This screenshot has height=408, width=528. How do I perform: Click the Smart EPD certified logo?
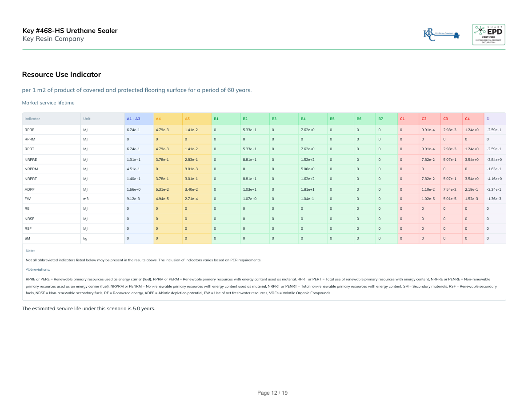(x=488, y=34)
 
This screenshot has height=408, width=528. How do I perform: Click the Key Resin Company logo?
(x=442, y=34)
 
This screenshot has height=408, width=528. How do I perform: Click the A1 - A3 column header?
(x=133, y=119)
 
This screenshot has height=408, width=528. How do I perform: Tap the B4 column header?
(x=303, y=119)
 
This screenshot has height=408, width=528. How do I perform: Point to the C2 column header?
(x=424, y=119)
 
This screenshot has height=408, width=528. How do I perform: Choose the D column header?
(x=488, y=119)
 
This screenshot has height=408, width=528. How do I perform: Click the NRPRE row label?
(x=30, y=159)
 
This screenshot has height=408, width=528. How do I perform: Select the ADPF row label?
(x=29, y=189)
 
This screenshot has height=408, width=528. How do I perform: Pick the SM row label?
(x=28, y=239)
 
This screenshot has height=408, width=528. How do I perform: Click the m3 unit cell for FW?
(x=86, y=199)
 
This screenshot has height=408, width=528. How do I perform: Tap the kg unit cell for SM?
(x=85, y=239)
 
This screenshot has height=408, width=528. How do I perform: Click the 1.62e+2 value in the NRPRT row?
(x=308, y=179)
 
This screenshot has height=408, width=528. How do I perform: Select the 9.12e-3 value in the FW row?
(x=133, y=199)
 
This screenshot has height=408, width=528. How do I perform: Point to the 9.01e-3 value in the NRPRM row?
(x=191, y=169)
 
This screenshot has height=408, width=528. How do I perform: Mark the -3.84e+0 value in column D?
(x=494, y=159)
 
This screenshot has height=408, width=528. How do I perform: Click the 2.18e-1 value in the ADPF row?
(x=471, y=189)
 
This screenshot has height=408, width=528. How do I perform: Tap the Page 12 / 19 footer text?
(x=273, y=393)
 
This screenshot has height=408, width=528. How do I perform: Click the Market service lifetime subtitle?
(x=48, y=103)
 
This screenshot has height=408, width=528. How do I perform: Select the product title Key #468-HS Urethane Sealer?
(x=70, y=31)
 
